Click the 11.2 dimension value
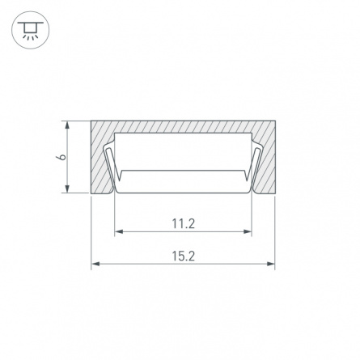(183, 223)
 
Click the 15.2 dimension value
(183, 256)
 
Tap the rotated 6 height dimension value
(61, 157)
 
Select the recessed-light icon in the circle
(30, 30)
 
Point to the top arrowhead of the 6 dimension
(67, 125)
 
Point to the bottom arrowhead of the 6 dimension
(67, 188)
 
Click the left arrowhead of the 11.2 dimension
(119, 231)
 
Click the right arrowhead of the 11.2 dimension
(247, 231)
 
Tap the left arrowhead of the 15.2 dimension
(95, 264)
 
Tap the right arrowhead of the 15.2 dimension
(270, 264)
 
